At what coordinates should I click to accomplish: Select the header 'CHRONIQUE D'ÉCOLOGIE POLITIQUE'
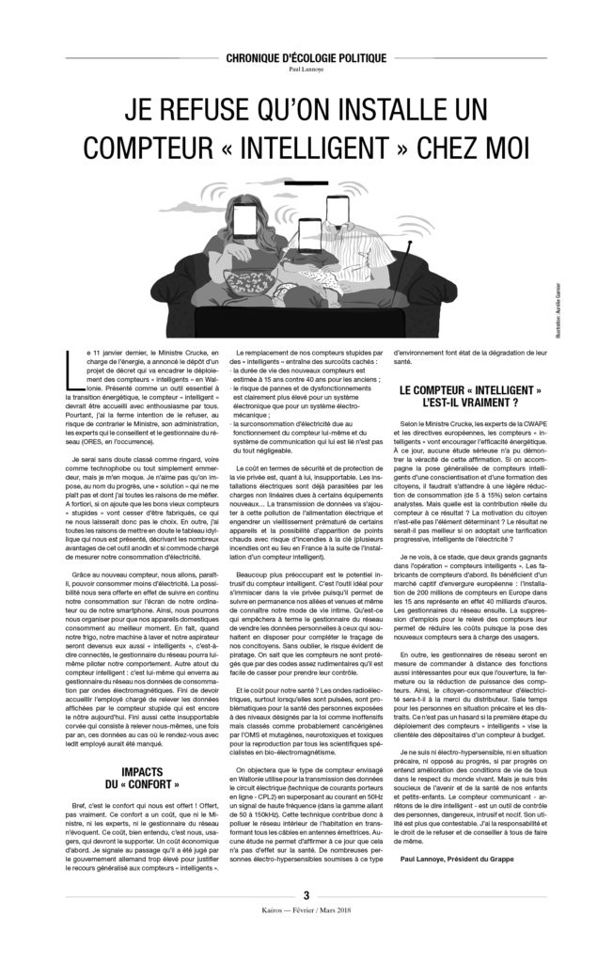point(306,58)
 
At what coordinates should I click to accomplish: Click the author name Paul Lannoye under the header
point(306,69)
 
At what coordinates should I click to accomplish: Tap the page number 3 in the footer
point(306,896)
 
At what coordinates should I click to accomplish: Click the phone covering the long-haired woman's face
point(248,225)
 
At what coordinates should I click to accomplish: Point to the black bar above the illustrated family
point(306,182)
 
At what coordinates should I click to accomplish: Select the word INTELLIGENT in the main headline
point(320,149)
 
